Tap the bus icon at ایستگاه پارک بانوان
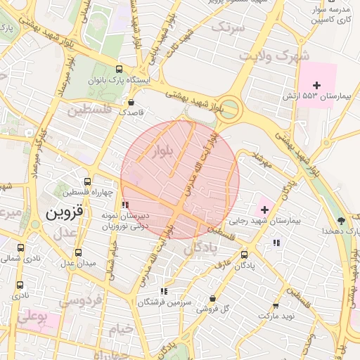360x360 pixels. (x=119, y=70)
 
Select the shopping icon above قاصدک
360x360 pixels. (x=131, y=101)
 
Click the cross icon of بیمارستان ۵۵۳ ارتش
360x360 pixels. (x=316, y=85)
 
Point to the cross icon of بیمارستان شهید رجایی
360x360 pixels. (x=264, y=209)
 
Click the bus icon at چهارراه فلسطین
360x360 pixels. (x=87, y=181)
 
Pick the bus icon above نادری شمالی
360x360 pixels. (x=20, y=248)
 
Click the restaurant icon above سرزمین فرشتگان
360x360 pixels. (x=164, y=291)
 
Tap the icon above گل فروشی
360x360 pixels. (x=212, y=298)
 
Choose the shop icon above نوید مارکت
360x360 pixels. (x=275, y=306)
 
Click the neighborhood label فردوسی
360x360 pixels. (x=83, y=300)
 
